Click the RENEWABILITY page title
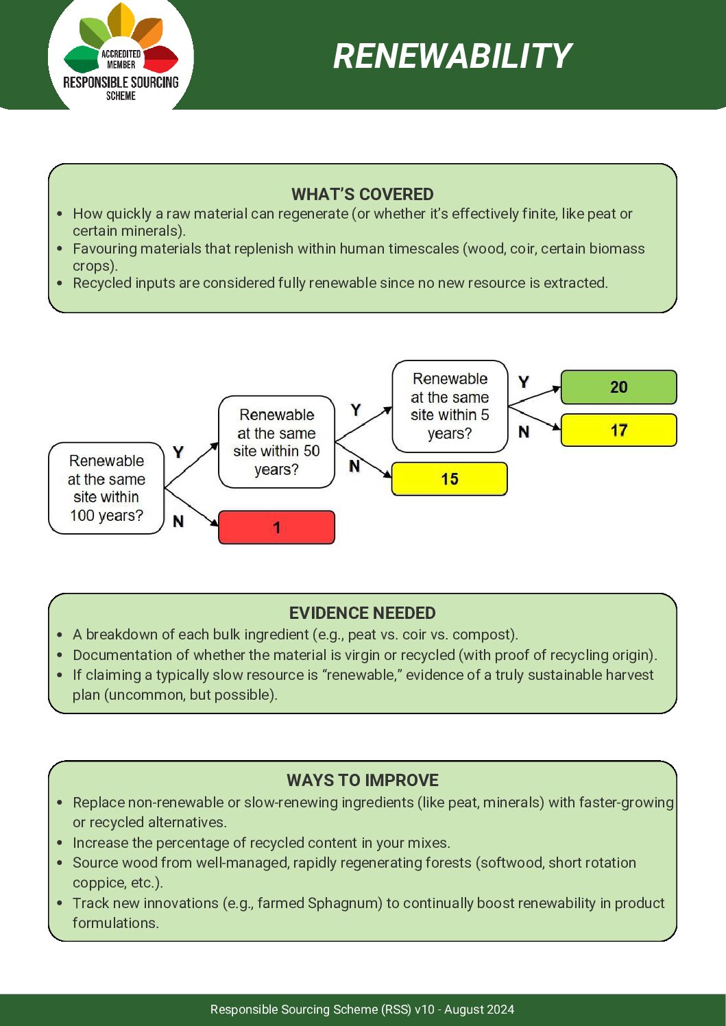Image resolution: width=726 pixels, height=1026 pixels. point(452,56)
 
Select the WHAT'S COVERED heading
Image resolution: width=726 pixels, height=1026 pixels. point(362,194)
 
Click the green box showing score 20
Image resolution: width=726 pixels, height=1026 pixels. point(618,387)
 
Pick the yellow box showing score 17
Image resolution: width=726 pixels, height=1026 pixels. point(618,430)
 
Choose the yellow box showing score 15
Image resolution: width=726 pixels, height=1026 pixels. point(449,479)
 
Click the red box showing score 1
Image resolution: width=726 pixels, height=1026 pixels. point(276,528)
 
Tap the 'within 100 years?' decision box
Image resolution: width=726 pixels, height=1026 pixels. point(106,488)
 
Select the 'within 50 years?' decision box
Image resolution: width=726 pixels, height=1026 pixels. point(276,442)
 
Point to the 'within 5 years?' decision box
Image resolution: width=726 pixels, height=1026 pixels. point(450,406)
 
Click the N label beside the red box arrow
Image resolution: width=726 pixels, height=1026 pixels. point(178,522)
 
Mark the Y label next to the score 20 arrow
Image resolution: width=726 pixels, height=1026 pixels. point(524,382)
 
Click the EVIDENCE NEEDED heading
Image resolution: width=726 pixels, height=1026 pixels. point(362,613)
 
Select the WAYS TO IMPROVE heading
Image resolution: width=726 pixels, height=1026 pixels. point(362,780)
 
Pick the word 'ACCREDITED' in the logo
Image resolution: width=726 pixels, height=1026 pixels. point(121,53)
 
